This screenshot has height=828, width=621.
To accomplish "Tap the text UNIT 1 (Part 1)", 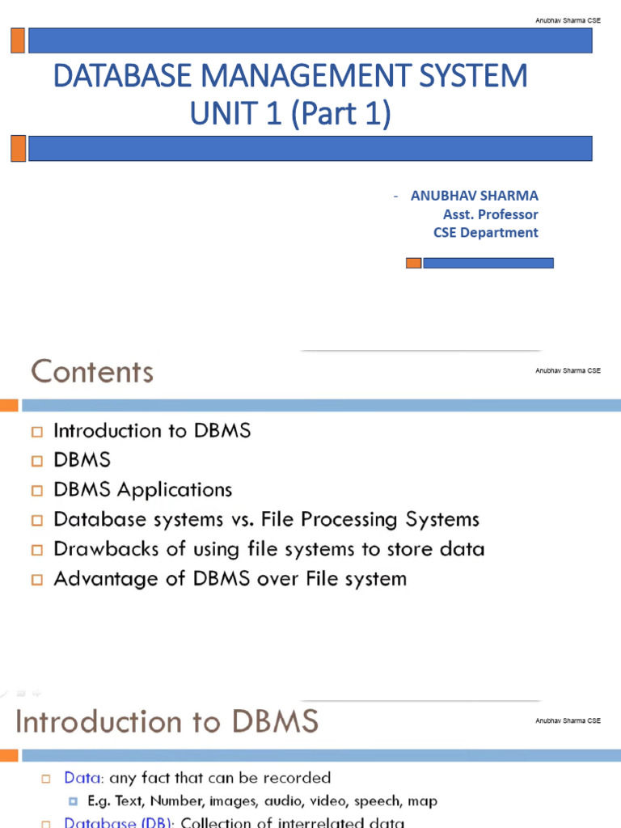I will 290,114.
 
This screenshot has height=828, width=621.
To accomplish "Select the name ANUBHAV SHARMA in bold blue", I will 474,196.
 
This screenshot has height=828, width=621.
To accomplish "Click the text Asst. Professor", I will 490,214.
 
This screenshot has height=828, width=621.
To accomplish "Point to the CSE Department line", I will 485,232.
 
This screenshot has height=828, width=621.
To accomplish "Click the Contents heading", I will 92,372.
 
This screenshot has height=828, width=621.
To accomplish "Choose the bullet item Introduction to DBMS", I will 152,431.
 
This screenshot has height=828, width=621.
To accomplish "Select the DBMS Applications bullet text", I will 142,490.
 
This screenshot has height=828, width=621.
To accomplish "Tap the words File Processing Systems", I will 385,519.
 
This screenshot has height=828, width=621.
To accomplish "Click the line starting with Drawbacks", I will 268,549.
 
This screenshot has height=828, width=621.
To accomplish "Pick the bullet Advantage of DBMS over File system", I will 230,579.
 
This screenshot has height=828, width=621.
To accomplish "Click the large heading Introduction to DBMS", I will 167,721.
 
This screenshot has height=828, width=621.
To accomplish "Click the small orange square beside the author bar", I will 413,263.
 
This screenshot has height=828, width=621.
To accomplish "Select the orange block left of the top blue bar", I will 17,40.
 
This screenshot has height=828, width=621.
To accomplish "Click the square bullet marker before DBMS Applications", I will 36,491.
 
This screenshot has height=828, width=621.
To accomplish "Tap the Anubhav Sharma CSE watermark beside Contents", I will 568,370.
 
